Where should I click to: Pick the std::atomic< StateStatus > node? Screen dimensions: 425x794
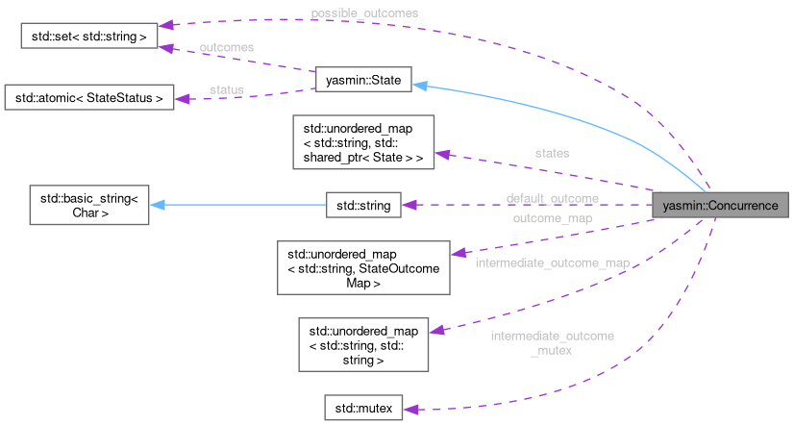[88, 97]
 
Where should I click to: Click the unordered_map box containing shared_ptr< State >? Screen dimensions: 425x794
[364, 141]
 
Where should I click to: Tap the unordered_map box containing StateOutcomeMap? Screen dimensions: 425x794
[363, 267]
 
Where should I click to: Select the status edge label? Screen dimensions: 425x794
[227, 89]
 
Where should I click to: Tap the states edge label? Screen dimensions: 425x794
[552, 153]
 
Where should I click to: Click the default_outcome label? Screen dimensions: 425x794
[553, 198]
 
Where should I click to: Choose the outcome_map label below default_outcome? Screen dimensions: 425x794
[552, 218]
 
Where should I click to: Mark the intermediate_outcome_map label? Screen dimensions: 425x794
[552, 262]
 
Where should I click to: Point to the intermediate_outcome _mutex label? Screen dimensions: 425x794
[552, 342]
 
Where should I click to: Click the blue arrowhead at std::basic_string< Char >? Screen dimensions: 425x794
[157, 205]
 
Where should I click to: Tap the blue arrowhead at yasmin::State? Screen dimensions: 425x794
[420, 85]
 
